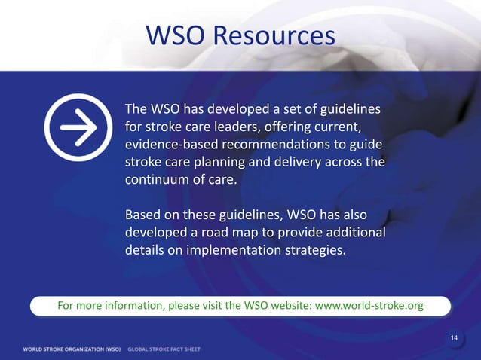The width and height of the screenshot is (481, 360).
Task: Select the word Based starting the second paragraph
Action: pyautogui.click(x=143, y=215)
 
